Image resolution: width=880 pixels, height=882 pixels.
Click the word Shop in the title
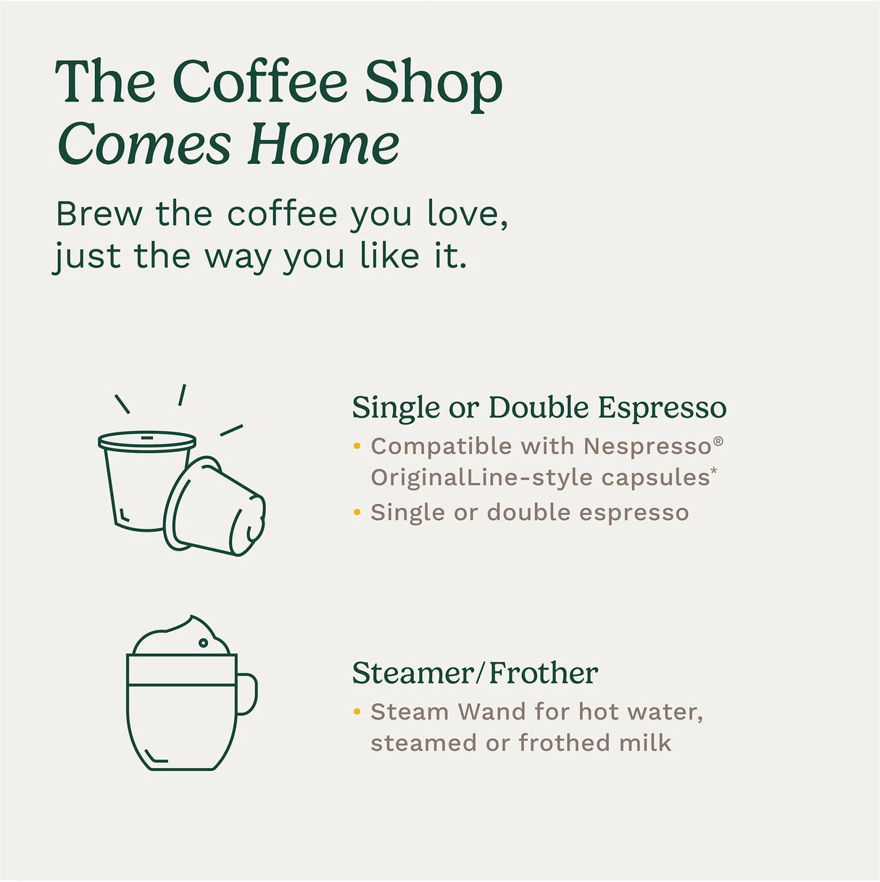(433, 83)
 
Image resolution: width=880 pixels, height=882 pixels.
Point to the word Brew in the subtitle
(99, 214)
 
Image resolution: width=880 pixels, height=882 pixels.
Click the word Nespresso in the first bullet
(647, 446)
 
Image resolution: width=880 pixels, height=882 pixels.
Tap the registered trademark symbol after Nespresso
(718, 441)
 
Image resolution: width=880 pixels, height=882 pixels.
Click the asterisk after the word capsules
(714, 471)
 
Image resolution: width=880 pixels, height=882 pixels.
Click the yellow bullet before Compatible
(357, 446)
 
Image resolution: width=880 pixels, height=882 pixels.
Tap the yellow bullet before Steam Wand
(357, 712)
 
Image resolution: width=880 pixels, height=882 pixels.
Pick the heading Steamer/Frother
(475, 673)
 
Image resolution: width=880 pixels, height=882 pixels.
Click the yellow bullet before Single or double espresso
(357, 513)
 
